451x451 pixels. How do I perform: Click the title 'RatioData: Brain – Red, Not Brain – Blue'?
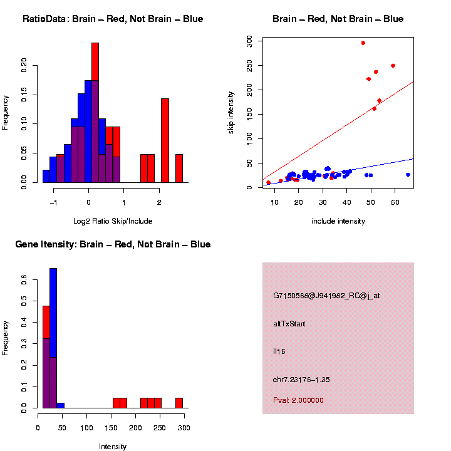113,19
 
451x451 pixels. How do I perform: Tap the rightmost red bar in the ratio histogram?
179,168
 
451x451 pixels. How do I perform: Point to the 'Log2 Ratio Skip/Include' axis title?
113,221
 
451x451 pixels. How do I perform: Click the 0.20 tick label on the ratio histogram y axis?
24,66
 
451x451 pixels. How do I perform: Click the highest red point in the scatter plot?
363,43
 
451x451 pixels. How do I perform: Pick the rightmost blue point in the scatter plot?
408,175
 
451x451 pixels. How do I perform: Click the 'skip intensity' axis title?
231,111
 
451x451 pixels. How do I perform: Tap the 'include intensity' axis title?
338,221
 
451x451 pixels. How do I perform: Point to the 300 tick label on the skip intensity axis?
249,41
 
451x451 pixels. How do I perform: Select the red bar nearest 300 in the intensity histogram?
179,403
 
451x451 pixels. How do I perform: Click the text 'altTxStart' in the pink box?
289,324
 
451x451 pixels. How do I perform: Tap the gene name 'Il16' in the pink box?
279,352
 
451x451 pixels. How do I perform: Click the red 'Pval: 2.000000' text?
299,400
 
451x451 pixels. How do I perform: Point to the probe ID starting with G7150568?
326,296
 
